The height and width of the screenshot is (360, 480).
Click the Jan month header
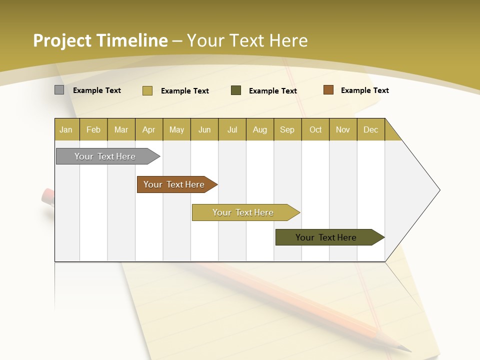click(x=66, y=129)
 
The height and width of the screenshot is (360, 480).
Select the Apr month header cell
click(x=149, y=129)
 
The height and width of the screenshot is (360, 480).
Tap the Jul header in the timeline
click(x=232, y=129)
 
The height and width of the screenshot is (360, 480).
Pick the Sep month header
click(x=287, y=129)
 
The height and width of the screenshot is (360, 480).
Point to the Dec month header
click(x=370, y=129)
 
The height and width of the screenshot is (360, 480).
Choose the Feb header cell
click(x=93, y=129)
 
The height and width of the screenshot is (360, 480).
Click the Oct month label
click(x=315, y=129)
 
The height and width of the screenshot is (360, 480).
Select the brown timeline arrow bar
click(x=175, y=184)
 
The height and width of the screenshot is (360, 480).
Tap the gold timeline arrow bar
click(x=244, y=212)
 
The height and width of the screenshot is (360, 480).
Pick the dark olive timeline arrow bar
click(x=327, y=237)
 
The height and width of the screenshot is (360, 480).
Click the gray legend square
click(x=59, y=90)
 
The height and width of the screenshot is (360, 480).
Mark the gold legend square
click(x=147, y=90)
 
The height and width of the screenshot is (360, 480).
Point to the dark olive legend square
click(x=236, y=90)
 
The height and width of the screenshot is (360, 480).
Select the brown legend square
click(x=328, y=90)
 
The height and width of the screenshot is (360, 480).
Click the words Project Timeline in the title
click(x=100, y=40)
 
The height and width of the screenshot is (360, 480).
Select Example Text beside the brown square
click(x=364, y=90)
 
